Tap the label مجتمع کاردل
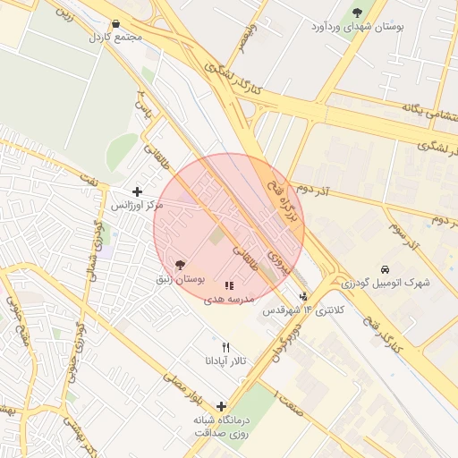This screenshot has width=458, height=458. [115, 38]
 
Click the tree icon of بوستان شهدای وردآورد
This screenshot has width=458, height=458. [358, 13]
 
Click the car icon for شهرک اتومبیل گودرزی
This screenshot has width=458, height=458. [385, 269]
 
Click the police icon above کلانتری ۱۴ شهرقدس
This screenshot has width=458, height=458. [303, 296]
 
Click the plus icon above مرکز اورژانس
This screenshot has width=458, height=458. [137, 191]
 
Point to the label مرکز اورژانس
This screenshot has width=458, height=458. [137, 205]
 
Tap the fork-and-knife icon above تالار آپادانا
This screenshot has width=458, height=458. [225, 347]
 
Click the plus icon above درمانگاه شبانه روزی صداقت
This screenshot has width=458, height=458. [221, 406]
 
